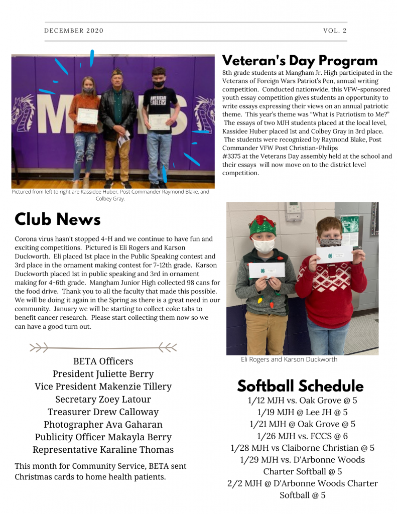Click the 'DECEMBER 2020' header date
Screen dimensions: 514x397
74,31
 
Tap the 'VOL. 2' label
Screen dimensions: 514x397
335,31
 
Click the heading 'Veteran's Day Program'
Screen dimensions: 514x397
300,61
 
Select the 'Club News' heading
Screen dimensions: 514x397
58,219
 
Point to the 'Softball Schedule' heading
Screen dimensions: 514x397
300,386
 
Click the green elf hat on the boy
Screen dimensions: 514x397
262,226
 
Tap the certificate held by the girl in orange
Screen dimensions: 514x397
87,116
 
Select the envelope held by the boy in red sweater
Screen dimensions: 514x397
334,254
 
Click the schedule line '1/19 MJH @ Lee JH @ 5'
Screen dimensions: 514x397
302,412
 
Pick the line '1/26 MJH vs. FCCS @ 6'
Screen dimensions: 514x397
302,436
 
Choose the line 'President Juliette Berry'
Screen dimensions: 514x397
103,374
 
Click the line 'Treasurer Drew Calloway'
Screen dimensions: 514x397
103,412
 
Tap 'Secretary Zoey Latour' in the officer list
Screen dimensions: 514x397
103,400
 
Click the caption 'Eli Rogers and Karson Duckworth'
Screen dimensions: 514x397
289,359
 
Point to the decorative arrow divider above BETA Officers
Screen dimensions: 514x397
103,347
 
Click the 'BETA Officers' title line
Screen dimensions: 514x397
103,361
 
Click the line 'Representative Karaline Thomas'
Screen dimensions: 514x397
103,450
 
